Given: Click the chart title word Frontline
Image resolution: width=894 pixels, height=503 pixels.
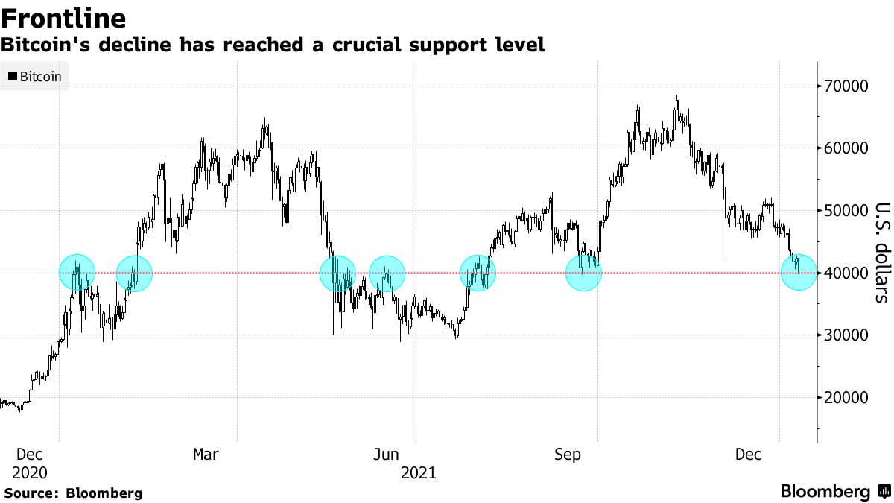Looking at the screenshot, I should pyautogui.click(x=63, y=17).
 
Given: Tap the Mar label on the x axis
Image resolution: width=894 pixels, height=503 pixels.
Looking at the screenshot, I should pyautogui.click(x=206, y=455).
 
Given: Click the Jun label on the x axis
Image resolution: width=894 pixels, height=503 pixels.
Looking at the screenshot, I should pyautogui.click(x=387, y=455).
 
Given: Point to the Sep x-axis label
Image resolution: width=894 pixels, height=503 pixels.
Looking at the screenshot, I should pyautogui.click(x=568, y=455).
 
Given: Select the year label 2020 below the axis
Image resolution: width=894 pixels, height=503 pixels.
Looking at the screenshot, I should pyautogui.click(x=30, y=473).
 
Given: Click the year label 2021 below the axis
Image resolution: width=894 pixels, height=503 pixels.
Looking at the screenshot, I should pyautogui.click(x=418, y=473).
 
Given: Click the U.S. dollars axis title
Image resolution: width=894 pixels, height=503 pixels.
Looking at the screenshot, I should pyautogui.click(x=881, y=253).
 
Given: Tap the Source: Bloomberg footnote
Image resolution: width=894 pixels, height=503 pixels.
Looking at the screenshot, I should pyautogui.click(x=73, y=493).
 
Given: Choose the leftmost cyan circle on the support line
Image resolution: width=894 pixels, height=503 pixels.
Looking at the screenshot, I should pyautogui.click(x=77, y=272).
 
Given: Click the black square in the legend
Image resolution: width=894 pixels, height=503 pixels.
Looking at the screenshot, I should pyautogui.click(x=13, y=76).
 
